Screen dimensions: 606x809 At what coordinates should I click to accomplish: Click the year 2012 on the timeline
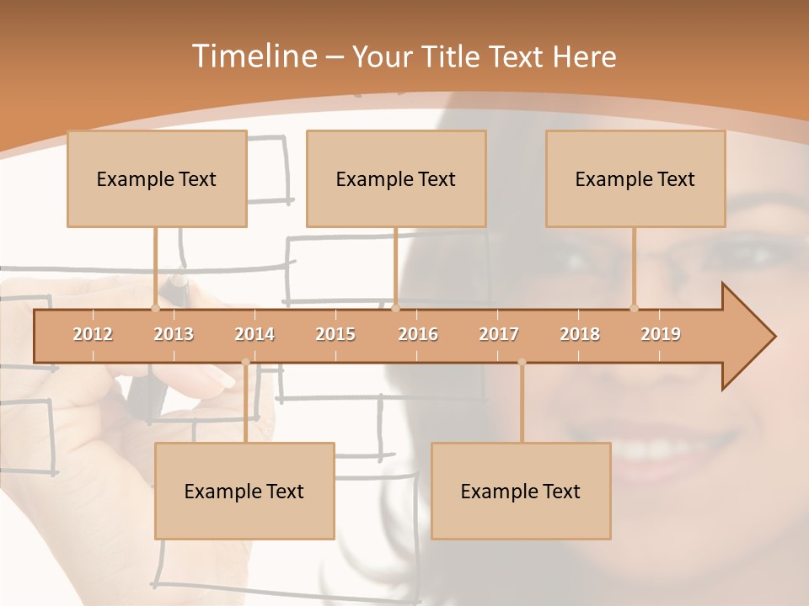tap(93, 334)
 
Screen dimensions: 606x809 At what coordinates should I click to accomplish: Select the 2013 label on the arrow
tap(174, 334)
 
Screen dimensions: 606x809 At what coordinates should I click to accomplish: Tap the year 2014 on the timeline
tap(254, 334)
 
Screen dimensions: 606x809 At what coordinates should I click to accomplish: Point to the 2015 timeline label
tap(335, 334)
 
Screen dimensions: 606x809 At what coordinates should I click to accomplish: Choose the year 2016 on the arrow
tap(418, 334)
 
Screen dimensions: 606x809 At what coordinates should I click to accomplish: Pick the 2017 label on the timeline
tap(499, 334)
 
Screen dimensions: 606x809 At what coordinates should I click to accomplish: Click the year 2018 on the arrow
tap(580, 334)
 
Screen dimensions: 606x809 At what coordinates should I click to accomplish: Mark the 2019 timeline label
tap(661, 334)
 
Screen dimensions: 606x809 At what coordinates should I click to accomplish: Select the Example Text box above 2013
tap(157, 178)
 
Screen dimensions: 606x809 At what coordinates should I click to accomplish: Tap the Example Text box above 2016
tap(396, 178)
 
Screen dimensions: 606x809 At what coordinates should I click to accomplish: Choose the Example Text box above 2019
tap(635, 178)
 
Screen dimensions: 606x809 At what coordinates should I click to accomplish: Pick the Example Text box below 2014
tap(244, 491)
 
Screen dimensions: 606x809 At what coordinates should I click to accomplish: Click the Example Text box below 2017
tap(521, 491)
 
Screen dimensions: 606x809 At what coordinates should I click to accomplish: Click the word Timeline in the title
tap(254, 56)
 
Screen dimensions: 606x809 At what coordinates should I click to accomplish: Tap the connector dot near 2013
tap(155, 308)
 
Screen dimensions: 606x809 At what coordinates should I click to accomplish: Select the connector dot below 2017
tap(522, 362)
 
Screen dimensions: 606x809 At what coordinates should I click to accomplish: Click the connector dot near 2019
tap(635, 308)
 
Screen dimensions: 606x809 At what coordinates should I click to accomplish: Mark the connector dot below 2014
tap(245, 362)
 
